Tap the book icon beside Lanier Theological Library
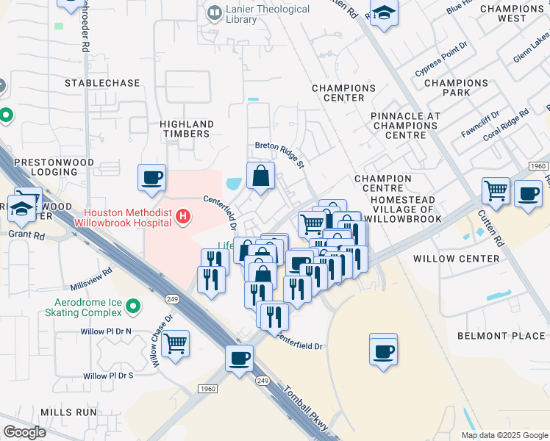(x=215, y=12)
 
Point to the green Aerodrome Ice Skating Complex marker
(x=132, y=304)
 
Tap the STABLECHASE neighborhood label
(x=102, y=83)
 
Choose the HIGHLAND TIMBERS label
(x=187, y=129)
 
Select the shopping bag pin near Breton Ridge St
(x=261, y=176)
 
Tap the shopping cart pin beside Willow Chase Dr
(x=175, y=343)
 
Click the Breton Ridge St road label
(x=279, y=154)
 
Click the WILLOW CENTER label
(x=447, y=259)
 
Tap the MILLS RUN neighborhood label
(x=68, y=413)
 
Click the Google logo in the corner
(x=25, y=431)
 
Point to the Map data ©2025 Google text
(x=504, y=435)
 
